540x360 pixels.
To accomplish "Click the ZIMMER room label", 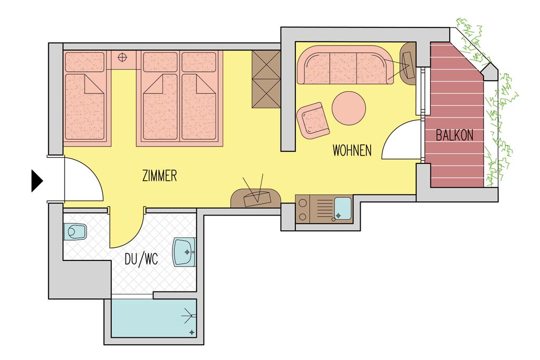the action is (159, 176).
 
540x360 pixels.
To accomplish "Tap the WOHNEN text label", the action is (352, 150).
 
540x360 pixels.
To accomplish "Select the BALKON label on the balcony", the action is (455, 135).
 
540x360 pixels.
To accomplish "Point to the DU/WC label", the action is (141, 259).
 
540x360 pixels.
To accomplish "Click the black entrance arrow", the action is (37, 181).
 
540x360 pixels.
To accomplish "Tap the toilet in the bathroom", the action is (75, 231).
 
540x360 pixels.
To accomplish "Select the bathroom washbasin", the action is (184, 252).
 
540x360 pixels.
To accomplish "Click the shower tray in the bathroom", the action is (154, 318).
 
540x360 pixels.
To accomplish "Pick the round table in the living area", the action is (349, 108).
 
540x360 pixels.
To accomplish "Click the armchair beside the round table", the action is (313, 121).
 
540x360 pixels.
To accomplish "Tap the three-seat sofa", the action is (345, 65).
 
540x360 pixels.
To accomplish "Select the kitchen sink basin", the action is (342, 209).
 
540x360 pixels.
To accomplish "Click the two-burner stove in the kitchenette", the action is (303, 209).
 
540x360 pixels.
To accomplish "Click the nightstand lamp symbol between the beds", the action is (122, 57).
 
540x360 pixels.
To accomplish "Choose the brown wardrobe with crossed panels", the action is (266, 79).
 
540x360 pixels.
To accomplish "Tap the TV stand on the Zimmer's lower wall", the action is (256, 198).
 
